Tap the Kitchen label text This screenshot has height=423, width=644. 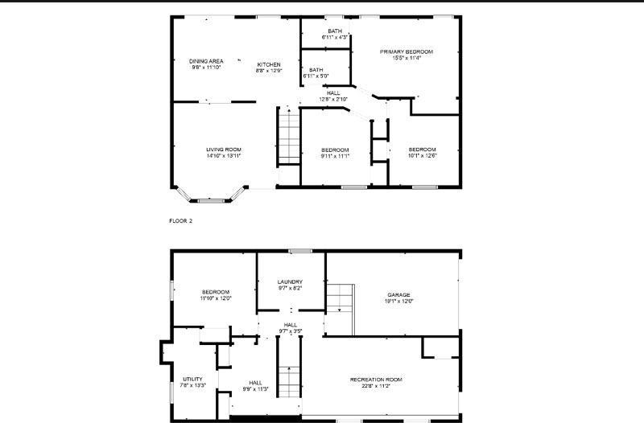click(269, 64)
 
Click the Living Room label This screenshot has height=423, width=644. click(224, 150)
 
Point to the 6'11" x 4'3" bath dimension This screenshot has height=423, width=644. click(334, 37)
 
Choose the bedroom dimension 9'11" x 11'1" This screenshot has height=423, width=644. click(335, 156)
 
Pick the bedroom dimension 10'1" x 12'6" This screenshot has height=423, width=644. click(422, 156)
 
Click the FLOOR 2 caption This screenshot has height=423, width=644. click(181, 220)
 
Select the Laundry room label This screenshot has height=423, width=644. click(290, 281)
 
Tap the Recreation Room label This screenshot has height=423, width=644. click(376, 379)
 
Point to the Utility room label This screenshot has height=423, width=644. click(192, 379)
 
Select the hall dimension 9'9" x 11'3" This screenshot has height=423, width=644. click(255, 389)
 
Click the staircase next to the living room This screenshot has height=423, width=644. click(289, 137)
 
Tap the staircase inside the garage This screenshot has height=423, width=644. click(340, 299)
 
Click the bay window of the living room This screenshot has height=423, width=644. click(211, 196)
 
